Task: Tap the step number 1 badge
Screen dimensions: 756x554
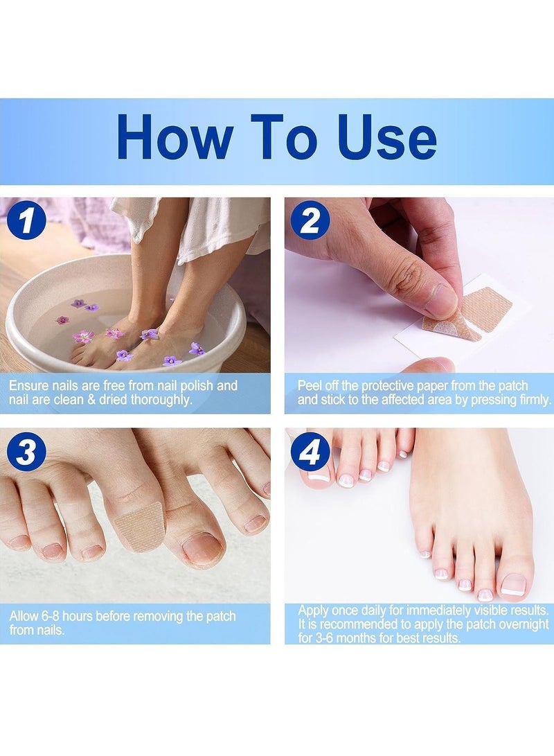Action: coord(26,222)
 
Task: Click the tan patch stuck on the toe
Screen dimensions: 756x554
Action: coord(138,526)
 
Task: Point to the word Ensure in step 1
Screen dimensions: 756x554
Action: coord(28,385)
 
